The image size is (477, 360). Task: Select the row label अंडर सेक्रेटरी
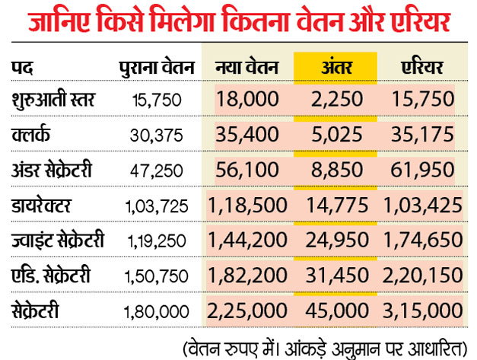(x=56, y=170)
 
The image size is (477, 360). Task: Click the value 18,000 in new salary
(x=247, y=100)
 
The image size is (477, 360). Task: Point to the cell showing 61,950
(x=424, y=170)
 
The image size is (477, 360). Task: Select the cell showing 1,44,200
(x=246, y=241)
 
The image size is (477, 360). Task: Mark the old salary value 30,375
(x=157, y=135)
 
